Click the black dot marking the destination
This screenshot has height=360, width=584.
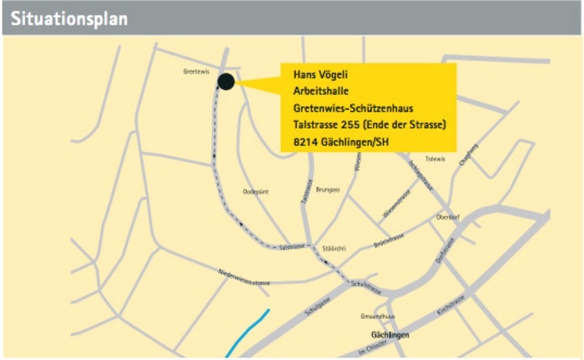point(226,81)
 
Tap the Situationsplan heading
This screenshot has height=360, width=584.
point(69,19)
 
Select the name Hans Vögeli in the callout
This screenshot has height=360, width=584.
point(320,75)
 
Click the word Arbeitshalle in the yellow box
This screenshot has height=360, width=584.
point(321,91)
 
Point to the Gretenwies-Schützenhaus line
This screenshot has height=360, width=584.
point(353,108)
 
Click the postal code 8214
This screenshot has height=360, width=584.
point(306,142)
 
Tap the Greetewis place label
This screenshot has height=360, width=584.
point(196,72)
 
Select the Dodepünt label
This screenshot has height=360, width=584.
point(256,192)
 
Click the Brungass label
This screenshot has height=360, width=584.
point(328,190)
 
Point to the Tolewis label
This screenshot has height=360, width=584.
point(435,159)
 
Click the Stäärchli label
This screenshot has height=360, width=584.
point(334,249)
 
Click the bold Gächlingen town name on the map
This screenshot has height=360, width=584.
point(390,335)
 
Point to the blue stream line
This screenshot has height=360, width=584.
point(248,333)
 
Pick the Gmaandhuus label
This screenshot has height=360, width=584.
point(378,317)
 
